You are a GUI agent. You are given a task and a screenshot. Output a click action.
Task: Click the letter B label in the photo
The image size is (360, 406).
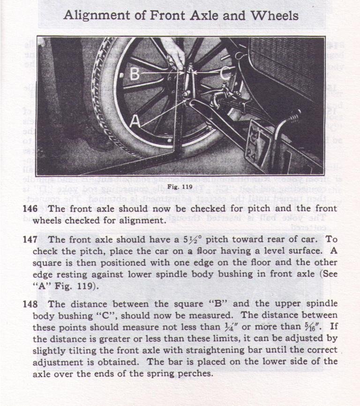click(135, 74)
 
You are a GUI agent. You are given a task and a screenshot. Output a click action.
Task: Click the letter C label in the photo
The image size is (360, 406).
click(225, 73)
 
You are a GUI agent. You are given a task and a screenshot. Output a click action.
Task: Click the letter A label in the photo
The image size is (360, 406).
click(135, 121)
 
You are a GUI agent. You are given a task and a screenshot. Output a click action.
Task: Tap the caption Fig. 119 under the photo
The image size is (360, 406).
click(180, 187)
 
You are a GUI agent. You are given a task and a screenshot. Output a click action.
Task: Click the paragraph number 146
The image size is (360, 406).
click(30, 209)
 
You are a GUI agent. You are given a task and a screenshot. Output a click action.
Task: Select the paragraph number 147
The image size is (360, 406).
click(30, 240)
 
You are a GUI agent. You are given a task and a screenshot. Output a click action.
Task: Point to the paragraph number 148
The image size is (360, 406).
click(30, 304)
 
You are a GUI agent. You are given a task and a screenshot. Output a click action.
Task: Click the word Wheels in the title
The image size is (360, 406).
click(274, 15)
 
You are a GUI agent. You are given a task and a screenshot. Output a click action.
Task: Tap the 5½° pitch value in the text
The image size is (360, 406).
click(181, 240)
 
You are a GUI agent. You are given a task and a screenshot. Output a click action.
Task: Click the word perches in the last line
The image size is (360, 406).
click(198, 374)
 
